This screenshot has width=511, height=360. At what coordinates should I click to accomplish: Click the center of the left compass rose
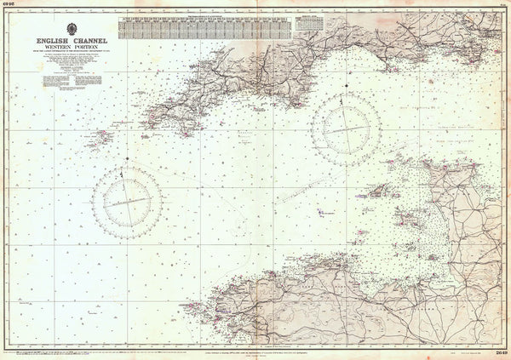point(127,201)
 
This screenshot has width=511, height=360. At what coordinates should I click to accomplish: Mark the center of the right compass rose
point(345,129)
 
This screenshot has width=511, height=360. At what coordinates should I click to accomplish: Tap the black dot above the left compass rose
point(127,159)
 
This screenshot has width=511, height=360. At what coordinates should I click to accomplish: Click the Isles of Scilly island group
point(104,136)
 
